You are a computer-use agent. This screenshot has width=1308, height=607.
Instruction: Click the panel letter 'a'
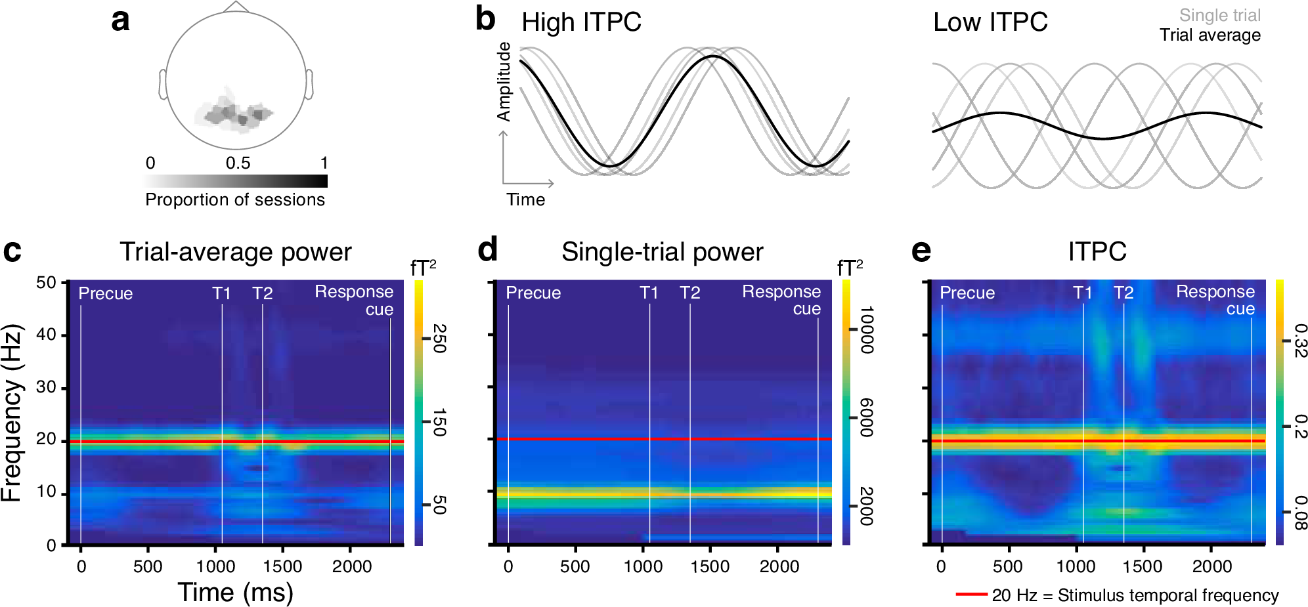(x=120, y=20)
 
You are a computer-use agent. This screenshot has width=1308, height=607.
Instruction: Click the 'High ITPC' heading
(x=581, y=22)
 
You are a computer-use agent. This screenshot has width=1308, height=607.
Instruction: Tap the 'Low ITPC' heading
(x=990, y=22)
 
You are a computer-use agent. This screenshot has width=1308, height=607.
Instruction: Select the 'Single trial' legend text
(x=1219, y=15)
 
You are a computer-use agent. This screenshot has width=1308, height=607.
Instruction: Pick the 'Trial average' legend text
(x=1210, y=35)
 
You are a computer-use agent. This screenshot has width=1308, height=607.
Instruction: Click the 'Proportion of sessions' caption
(x=235, y=199)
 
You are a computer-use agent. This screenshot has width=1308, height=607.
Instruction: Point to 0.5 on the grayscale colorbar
(x=238, y=163)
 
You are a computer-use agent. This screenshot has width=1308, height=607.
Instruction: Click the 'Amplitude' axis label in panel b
(x=504, y=81)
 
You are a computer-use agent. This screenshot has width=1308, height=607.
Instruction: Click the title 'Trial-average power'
(x=235, y=252)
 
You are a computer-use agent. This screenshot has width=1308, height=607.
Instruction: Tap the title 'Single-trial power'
(x=662, y=252)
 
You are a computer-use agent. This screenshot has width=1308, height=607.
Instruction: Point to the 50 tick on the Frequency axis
(x=46, y=283)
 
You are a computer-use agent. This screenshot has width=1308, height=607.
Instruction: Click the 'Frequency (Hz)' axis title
(x=12, y=413)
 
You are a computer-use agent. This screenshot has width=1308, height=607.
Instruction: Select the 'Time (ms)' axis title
(x=235, y=592)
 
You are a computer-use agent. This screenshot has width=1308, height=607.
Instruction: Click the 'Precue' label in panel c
(x=105, y=293)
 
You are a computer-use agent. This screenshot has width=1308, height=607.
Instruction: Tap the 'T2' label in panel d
(x=689, y=293)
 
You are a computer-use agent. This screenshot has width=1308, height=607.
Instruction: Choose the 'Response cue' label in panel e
(x=1215, y=300)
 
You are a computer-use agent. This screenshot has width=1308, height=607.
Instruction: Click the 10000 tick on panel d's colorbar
(x=867, y=329)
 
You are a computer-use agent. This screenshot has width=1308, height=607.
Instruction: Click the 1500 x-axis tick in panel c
(x=282, y=566)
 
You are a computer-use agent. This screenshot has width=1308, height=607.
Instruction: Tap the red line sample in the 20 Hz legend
(x=971, y=595)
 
